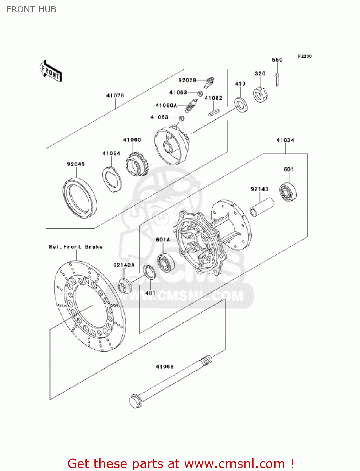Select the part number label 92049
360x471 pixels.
(76, 164)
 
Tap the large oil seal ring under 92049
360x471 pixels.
(80, 198)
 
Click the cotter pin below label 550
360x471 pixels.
(277, 79)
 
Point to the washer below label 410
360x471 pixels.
(241, 105)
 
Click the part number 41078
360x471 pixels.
(115, 95)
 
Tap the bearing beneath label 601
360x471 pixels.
(288, 192)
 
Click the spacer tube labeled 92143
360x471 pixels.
(262, 207)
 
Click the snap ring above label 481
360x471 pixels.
(150, 272)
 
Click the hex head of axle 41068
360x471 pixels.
(135, 401)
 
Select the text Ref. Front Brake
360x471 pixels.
(76, 247)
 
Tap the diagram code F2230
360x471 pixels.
(305, 56)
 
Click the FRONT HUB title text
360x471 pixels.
(31, 9)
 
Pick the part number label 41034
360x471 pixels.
(285, 140)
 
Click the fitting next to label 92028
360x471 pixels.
(209, 82)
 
